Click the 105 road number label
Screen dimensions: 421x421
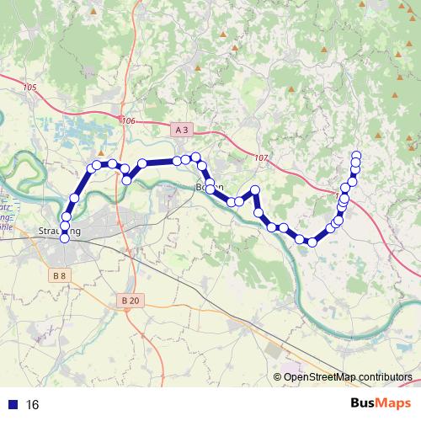(x=31, y=88)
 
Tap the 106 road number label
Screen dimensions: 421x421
(x=128, y=121)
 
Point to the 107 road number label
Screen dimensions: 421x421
(x=259, y=157)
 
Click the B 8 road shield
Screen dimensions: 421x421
(x=59, y=275)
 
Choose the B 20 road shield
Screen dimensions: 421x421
(x=130, y=300)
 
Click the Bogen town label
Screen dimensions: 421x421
(x=209, y=187)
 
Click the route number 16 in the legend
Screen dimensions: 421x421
(x=33, y=404)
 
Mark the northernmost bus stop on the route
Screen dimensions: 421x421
(x=356, y=155)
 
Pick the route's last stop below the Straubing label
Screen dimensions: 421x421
(x=65, y=238)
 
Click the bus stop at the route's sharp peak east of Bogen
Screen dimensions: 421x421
(x=254, y=191)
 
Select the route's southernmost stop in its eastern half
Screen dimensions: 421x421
(x=312, y=242)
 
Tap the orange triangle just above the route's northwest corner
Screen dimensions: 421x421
(x=100, y=153)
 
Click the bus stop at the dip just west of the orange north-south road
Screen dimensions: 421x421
(x=126, y=179)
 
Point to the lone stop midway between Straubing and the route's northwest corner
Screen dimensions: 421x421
(x=74, y=197)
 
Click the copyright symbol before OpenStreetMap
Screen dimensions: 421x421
(x=278, y=376)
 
